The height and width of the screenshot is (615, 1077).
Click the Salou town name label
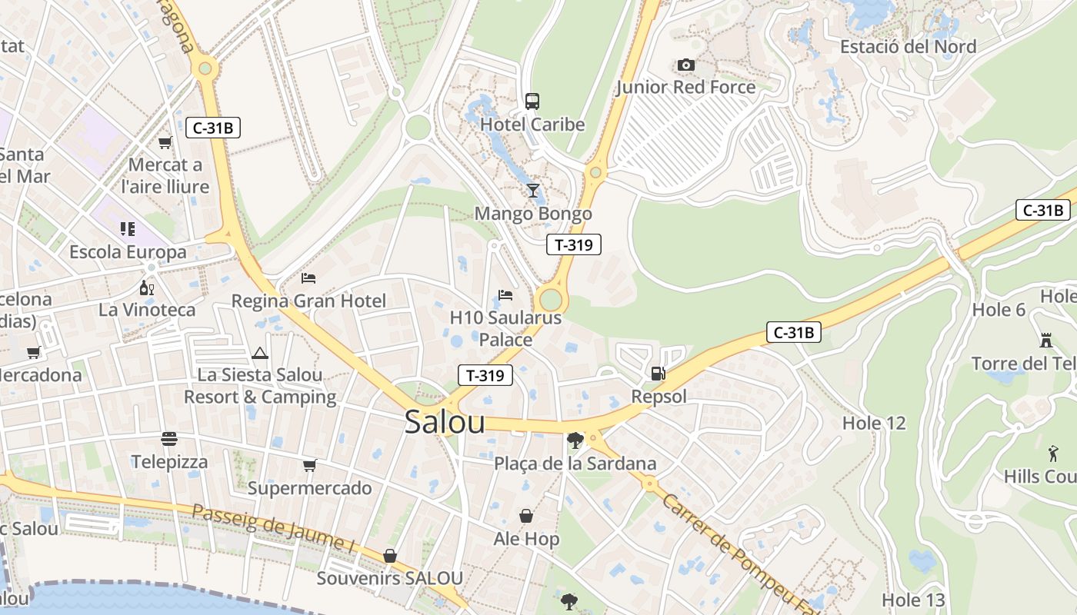point(445,422)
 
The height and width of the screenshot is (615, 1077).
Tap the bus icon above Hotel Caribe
point(532,101)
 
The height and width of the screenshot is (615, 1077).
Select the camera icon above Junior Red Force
point(685,65)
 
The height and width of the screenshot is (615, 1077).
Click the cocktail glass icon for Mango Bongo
point(532,191)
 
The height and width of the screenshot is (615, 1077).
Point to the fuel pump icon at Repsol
point(658,374)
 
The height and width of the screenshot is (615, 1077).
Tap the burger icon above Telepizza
point(169,439)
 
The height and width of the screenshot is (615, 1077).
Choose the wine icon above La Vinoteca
point(146,288)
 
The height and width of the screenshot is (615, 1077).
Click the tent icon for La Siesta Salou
point(259,354)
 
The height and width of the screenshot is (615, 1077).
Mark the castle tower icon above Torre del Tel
point(1045,340)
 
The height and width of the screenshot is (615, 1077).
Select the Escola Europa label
point(128,252)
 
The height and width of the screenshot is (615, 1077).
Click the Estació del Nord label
point(908,46)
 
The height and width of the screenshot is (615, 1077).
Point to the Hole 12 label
point(874,423)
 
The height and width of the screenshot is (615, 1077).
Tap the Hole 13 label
point(913,600)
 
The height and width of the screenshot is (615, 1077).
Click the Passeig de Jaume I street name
point(272,527)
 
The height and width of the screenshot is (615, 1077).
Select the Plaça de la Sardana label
point(575,464)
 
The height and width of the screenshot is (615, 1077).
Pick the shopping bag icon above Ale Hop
point(526,516)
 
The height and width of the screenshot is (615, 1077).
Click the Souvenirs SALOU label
point(390,578)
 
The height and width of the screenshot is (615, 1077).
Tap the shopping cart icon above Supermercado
point(309,465)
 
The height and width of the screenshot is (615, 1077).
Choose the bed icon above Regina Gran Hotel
point(308,278)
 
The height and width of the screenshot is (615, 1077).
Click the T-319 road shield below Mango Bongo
point(573,244)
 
